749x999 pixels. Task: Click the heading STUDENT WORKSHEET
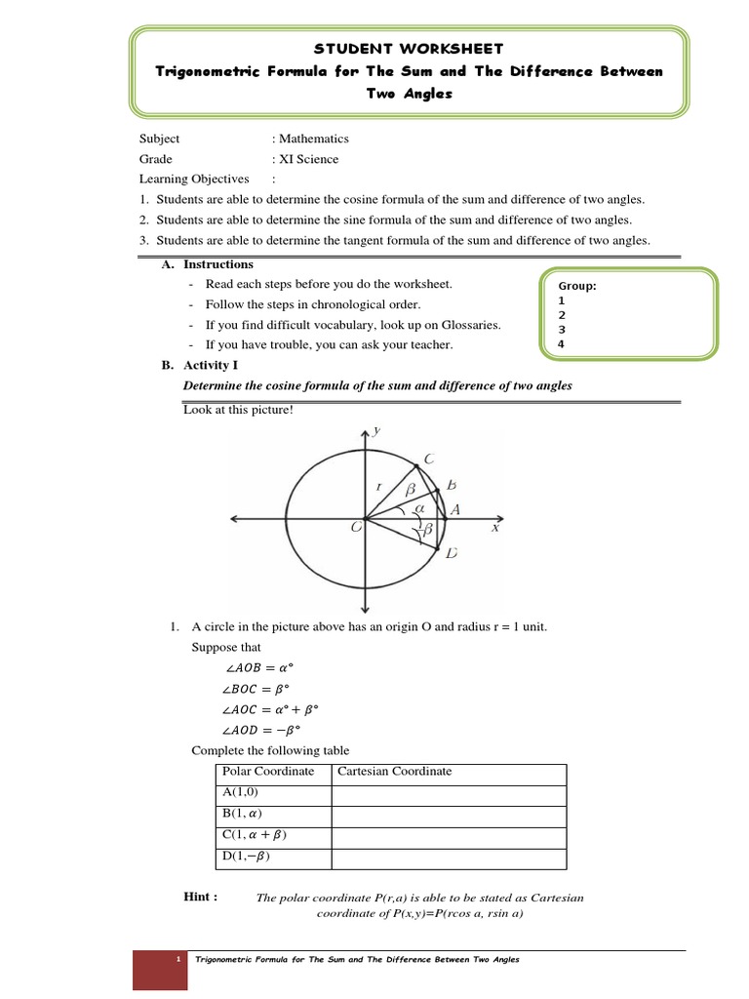pos(409,48)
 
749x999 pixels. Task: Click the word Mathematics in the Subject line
pos(314,139)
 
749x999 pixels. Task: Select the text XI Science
pos(309,159)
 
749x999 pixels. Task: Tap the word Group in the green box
pos(576,286)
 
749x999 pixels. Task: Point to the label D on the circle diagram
pos(452,554)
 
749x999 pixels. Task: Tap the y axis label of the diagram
pos(376,430)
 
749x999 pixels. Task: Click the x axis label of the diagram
pos(494,528)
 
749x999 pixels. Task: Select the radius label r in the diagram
pos(378,485)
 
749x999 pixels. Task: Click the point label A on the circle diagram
pos(454,510)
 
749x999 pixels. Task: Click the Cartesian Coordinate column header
pos(395,772)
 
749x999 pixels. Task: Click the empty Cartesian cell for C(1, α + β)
pos(449,837)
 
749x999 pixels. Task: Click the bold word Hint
pos(201,897)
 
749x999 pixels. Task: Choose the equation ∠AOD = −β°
pos(256,730)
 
